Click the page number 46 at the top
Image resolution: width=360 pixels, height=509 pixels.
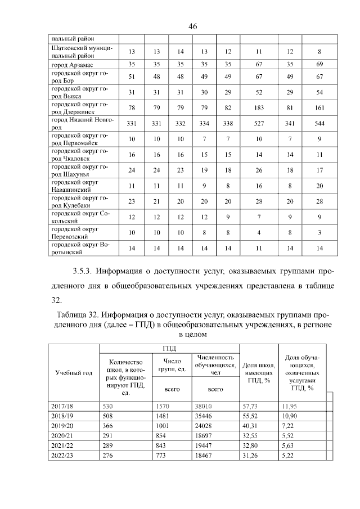coord(193,26)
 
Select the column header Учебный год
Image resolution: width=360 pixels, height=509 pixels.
coord(74,373)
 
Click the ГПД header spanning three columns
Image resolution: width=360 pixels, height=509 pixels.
coord(169,349)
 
